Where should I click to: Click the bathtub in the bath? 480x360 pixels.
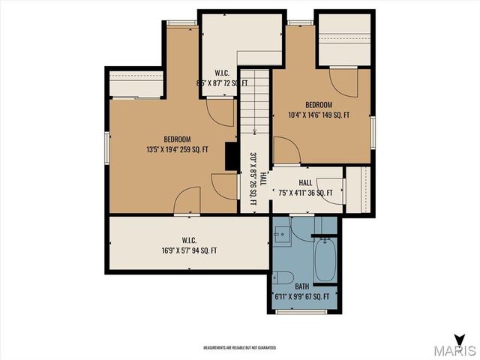tap(325, 259)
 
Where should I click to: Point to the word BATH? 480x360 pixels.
tap(301, 286)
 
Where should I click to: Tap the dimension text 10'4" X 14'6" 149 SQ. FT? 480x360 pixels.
tap(323, 115)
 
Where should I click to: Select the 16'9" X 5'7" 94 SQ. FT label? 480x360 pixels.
tap(189, 250)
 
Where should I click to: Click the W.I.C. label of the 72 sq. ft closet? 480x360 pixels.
tap(211, 73)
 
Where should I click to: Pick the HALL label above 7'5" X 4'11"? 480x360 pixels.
tap(305, 183)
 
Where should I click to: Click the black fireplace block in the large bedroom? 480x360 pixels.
tap(231, 156)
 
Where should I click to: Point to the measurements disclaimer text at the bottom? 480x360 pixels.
tap(240, 348)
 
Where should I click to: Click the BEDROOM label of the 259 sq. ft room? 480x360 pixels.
tap(178, 139)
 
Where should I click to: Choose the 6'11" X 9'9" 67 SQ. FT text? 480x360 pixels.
tap(302, 297)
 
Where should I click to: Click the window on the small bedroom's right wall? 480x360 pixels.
tap(373, 129)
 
